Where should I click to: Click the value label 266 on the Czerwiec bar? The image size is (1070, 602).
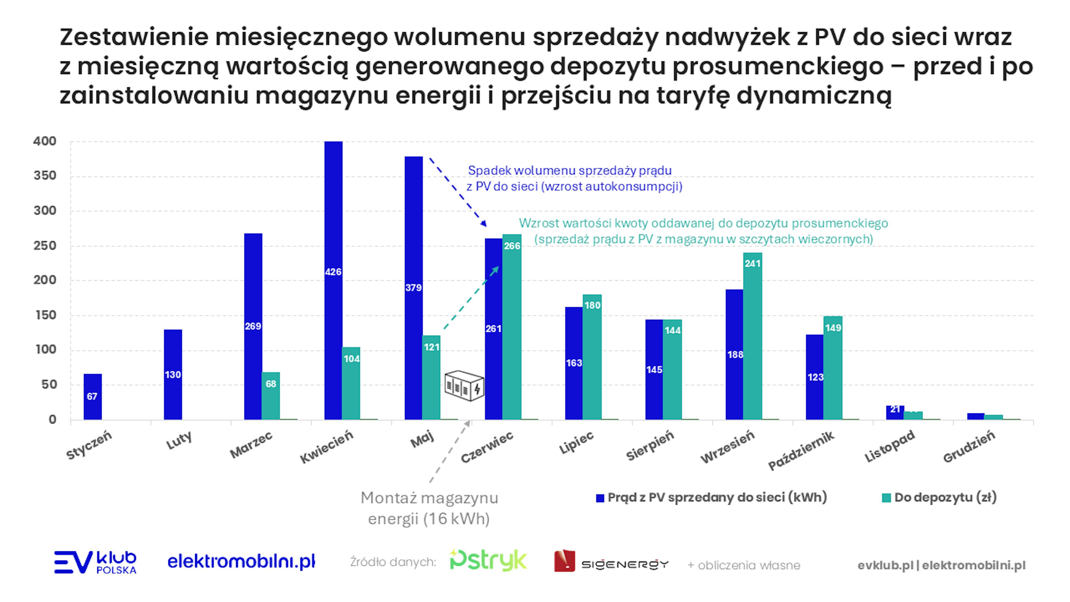[512, 246]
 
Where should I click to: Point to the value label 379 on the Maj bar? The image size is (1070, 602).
[413, 288]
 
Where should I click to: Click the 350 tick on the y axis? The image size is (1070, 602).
[45, 176]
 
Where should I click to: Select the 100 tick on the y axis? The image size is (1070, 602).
[45, 350]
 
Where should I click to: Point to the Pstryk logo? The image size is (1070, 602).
[488, 561]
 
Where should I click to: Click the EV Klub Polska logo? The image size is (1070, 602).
[95, 562]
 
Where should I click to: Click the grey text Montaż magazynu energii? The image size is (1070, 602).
[429, 508]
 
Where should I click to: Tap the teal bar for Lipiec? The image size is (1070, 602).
[592, 357]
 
